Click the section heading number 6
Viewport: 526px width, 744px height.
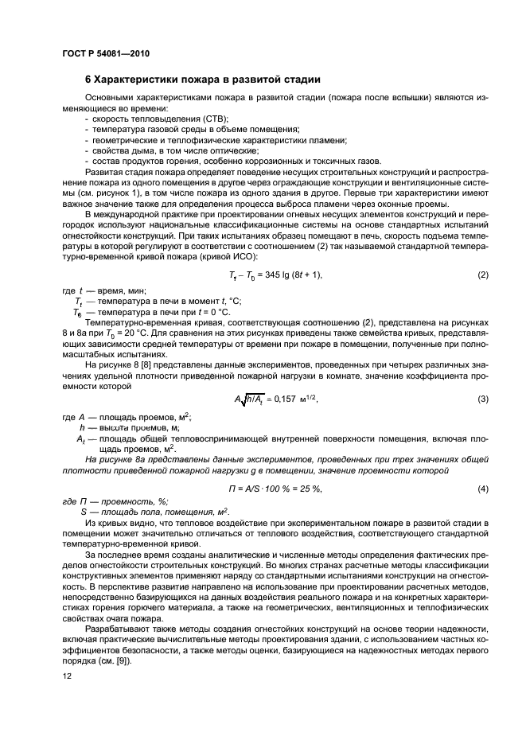tap(88, 80)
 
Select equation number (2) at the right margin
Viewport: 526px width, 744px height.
tap(482, 275)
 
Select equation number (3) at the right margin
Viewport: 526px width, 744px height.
tap(482, 399)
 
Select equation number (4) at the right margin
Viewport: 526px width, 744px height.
tap(482, 488)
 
